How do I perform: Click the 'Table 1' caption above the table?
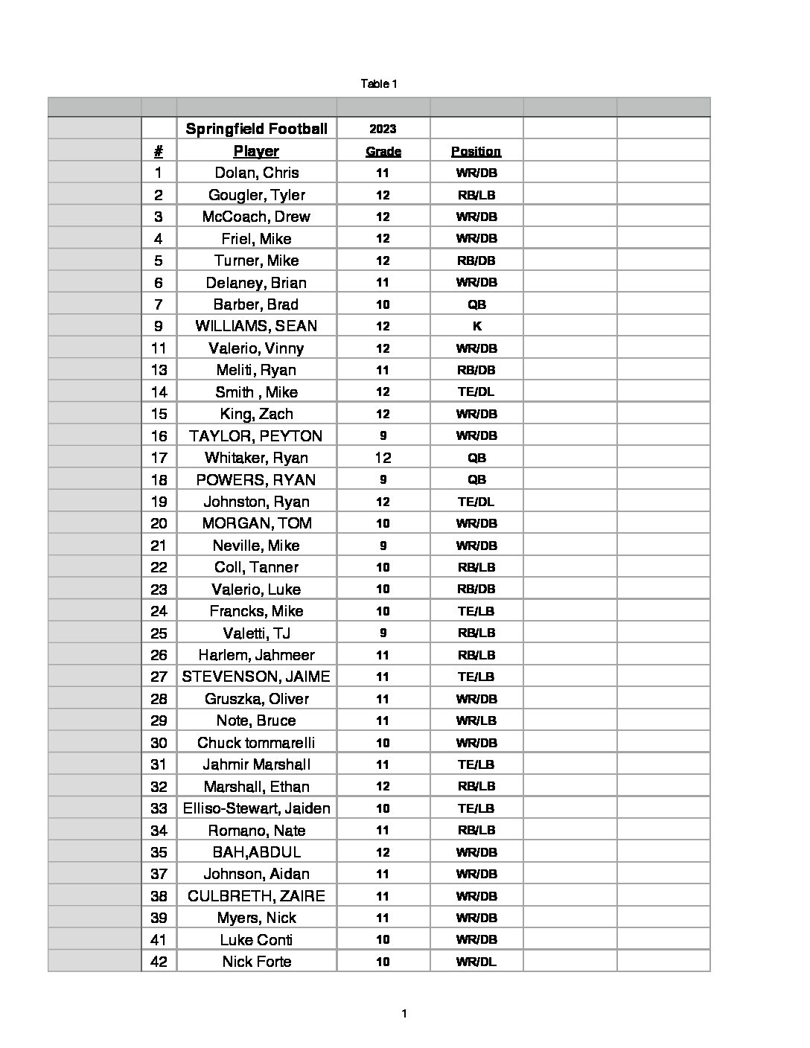379,84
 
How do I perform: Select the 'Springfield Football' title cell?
256,129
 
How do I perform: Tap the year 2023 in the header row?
383,129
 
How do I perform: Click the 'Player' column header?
256,151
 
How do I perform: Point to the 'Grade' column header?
383,151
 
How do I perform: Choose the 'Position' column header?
476,151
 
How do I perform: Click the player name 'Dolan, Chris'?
256,173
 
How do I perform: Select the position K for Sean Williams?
476,326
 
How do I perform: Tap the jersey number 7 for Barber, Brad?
159,304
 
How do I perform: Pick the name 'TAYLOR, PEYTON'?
256,435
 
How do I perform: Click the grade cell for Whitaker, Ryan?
383,458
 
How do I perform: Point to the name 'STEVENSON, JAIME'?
256,677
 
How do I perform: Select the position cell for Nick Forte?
476,962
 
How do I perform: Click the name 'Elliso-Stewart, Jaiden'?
256,808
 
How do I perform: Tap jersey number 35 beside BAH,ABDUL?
159,852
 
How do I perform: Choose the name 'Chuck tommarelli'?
256,743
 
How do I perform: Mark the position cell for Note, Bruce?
476,720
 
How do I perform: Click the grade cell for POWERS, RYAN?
383,479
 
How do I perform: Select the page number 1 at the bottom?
404,1013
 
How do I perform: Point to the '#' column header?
159,151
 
